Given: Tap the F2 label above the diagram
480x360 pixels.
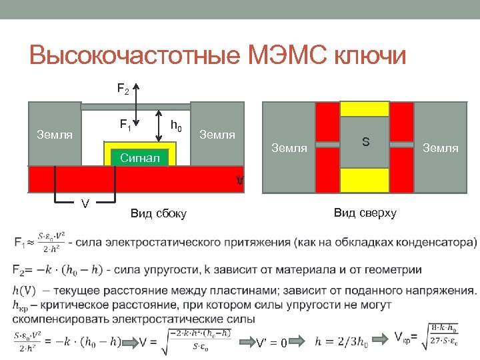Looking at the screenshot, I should coord(124,88).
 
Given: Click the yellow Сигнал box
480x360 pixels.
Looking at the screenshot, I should coord(141,157).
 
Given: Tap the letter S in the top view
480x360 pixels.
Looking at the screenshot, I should coord(365,141).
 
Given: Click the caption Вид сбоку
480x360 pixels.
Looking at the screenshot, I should coord(159,213).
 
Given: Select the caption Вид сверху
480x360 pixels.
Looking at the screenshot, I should coord(365,213).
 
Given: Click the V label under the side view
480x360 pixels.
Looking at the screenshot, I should coord(85,203).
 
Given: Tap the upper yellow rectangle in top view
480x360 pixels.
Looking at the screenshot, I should coord(365,109).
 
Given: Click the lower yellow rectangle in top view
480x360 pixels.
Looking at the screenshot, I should coord(365,180).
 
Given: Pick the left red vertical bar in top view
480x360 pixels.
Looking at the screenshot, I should coord(327,147).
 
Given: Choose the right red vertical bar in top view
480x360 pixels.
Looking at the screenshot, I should coord(402,147).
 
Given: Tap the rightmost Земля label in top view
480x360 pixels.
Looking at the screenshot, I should coord(441,148).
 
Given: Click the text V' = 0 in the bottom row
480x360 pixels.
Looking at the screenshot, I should coord(271,343).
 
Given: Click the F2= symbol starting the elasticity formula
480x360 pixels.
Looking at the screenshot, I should coord(21,269).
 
